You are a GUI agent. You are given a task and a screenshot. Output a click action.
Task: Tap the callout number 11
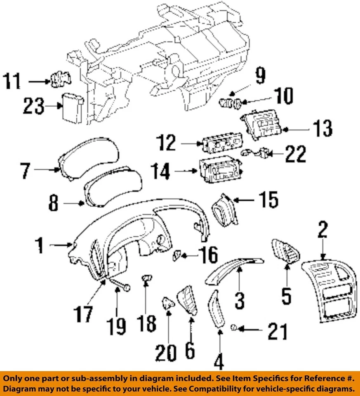pyautogui.click(x=12, y=81)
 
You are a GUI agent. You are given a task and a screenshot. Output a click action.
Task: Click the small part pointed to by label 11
pyautogui.click(x=60, y=80)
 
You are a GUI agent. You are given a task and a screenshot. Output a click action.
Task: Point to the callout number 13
pyautogui.click(x=322, y=129)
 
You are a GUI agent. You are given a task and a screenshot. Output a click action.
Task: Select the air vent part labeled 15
pyautogui.click(x=224, y=210)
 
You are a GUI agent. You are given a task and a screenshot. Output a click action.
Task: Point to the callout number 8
pyautogui.click(x=54, y=203)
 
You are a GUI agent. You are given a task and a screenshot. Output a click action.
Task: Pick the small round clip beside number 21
pyautogui.click(x=233, y=328)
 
